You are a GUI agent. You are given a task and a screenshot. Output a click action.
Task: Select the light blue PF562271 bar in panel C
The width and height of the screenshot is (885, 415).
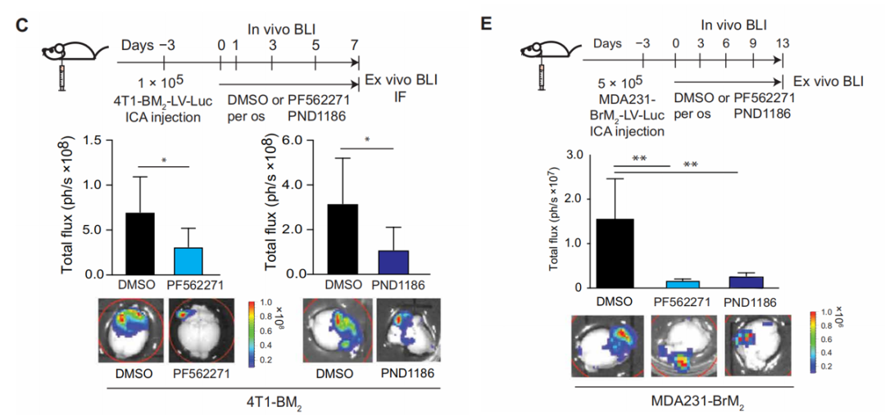[x=189, y=260]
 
